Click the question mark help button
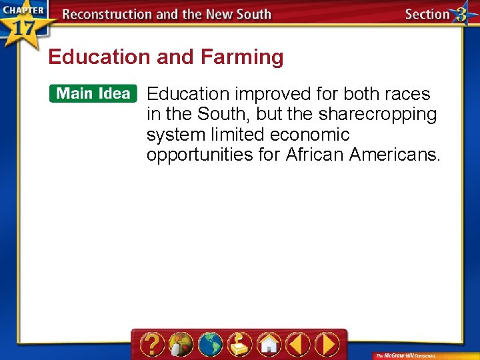153,345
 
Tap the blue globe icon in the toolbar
211,345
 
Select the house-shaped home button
269,345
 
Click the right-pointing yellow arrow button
327,345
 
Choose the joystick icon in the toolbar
240,345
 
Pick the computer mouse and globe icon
181,345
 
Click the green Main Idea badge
93,93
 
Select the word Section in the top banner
427,15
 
